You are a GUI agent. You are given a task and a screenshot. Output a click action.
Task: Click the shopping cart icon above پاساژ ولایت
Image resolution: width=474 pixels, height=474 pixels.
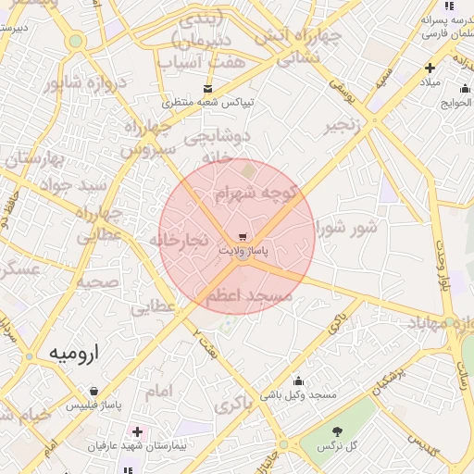point(243,237)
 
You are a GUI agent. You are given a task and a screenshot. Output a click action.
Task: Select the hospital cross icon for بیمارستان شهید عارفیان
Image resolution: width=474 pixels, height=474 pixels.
point(137,431)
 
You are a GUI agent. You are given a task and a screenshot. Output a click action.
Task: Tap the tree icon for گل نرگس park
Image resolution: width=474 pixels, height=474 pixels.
point(336,431)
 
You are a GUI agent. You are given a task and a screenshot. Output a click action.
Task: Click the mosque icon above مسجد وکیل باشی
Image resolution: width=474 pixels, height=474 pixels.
point(298,380)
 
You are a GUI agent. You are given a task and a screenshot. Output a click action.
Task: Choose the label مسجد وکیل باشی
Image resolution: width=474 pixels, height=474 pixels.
point(298,395)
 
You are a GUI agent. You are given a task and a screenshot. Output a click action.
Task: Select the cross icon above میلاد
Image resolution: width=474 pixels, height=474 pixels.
point(430,68)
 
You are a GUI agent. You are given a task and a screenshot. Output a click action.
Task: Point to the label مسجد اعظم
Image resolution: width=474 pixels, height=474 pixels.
point(248,295)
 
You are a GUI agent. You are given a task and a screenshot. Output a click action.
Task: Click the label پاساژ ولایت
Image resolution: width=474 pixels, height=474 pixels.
point(243,251)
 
